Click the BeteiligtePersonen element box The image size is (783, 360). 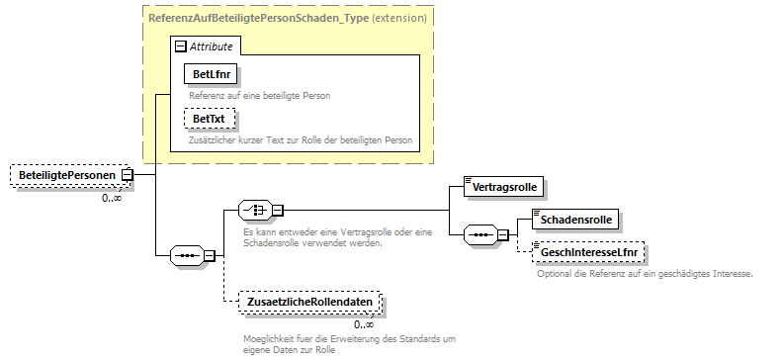click(x=66, y=175)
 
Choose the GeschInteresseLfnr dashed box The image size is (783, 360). click(x=588, y=252)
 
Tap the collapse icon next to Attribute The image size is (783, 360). click(x=180, y=45)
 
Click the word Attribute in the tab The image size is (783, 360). click(x=211, y=45)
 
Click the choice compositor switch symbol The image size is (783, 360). click(x=256, y=210)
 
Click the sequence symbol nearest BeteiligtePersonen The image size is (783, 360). click(x=187, y=254)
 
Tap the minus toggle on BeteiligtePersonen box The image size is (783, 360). click(x=127, y=175)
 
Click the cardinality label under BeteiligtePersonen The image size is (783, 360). click(x=112, y=198)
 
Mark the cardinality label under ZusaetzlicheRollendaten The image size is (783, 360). click(x=364, y=323)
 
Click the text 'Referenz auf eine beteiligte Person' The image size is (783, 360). click(x=260, y=95)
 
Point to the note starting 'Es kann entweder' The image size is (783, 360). click(x=312, y=237)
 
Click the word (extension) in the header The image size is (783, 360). click(x=399, y=17)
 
